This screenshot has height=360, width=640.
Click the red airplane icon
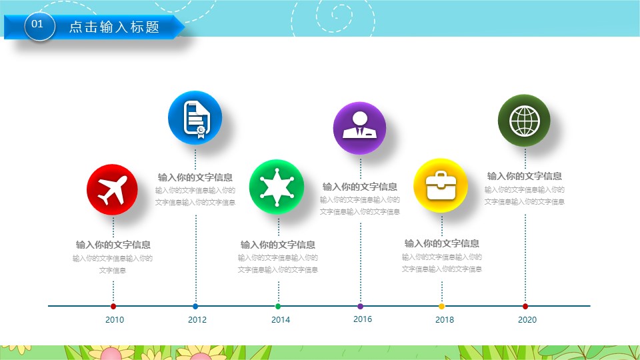click(x=112, y=190)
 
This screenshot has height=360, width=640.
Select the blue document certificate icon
click(x=195, y=117)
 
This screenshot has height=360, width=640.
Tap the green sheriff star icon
click(x=277, y=187)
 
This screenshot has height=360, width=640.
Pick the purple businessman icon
click(x=359, y=128)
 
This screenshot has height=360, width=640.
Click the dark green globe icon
click(x=525, y=121)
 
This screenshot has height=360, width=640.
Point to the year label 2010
click(x=115, y=319)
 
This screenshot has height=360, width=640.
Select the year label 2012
click(x=197, y=319)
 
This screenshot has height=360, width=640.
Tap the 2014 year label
click(x=281, y=319)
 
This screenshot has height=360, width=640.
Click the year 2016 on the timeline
click(x=363, y=319)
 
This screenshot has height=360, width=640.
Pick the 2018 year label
click(x=445, y=319)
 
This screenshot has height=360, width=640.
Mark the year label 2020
click(x=527, y=319)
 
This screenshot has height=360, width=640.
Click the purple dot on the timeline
click(x=360, y=306)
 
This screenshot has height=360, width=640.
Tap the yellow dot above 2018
click(x=441, y=306)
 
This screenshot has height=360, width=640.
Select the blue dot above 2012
click(x=195, y=306)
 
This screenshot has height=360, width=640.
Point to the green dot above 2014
click(x=278, y=306)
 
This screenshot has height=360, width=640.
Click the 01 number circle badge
click(x=39, y=26)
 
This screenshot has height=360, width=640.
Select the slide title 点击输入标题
click(x=114, y=27)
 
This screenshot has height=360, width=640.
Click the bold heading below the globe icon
click(x=525, y=176)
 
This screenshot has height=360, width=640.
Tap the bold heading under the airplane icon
click(x=113, y=245)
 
